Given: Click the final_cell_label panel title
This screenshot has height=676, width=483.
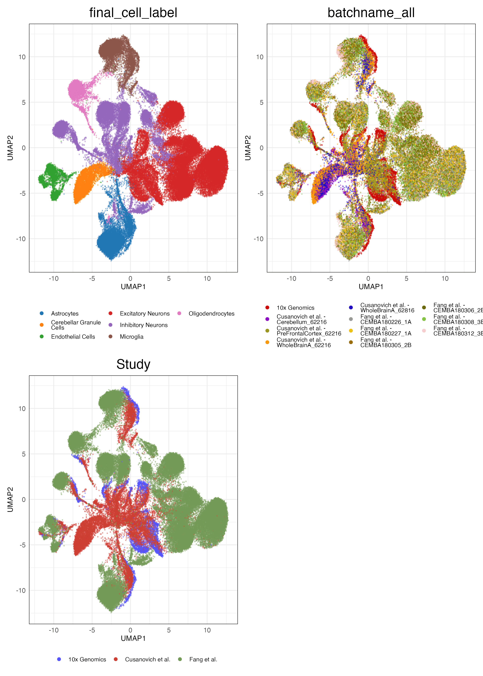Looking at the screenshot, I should click(133, 13).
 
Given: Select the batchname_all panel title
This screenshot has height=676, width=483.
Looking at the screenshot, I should click(371, 13).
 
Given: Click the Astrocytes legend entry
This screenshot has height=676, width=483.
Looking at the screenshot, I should click(65, 314).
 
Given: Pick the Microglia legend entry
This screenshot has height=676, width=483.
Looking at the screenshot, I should click(131, 337).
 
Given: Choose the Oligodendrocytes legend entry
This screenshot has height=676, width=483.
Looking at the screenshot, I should click(212, 314).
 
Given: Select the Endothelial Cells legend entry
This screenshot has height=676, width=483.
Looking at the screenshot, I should click(73, 337).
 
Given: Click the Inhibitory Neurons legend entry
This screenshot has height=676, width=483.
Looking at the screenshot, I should click(144, 325).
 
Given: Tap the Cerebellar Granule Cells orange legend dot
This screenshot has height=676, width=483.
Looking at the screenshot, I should click(42, 325).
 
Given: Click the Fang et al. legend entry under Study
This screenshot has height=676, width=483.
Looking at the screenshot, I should click(203, 659).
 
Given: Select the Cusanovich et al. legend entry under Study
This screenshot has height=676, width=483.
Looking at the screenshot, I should click(148, 659).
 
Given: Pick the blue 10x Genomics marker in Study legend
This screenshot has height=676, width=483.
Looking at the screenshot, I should click(59, 659).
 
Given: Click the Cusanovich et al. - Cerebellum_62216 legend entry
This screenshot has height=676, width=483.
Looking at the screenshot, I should click(301, 319).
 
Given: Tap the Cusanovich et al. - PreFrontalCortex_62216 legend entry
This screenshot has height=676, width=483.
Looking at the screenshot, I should click(309, 331).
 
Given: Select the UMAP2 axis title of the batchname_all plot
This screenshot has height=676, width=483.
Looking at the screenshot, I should click(248, 148).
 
